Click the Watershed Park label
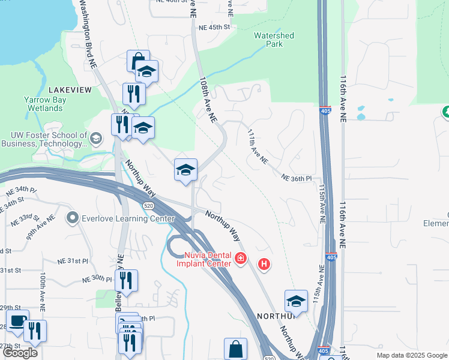pyautogui.click(x=274, y=40)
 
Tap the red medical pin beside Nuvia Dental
pyautogui.click(x=241, y=258)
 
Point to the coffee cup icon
pyautogui.click(x=16, y=321)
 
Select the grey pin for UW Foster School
pyautogui.click(x=95, y=140)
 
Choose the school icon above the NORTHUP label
pyautogui.click(x=296, y=301)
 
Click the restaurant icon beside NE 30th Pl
pyautogui.click(x=126, y=280)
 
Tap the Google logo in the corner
pyautogui.click(x=20, y=353)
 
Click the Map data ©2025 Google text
pyautogui.click(x=412, y=355)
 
